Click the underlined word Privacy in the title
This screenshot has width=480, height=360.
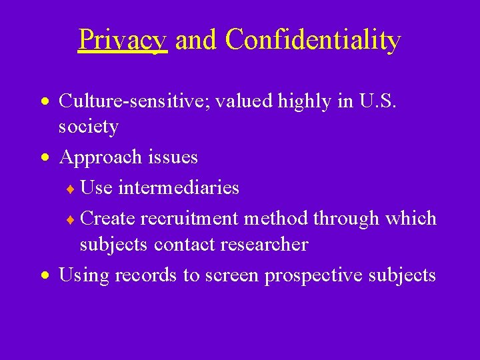click(122, 40)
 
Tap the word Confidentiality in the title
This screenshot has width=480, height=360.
click(313, 40)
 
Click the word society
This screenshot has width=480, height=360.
click(89, 126)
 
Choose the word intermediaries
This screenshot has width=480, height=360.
click(177, 187)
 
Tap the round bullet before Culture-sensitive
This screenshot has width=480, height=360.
click(44, 102)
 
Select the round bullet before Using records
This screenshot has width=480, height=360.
click(44, 276)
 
